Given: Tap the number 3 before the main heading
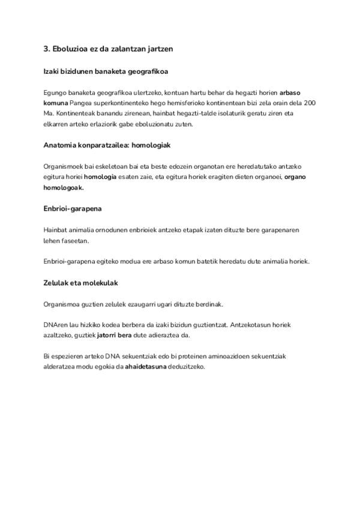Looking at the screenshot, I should pos(46,48).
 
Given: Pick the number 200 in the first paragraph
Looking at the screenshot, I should pos(308,103).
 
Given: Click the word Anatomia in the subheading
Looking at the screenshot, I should pos(62,145).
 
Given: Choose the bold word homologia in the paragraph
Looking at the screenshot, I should pos(100,177).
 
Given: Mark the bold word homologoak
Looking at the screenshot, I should pos(64,187).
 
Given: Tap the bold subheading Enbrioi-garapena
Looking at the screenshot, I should pos(73,208).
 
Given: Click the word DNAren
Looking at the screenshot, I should pos(56,325).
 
